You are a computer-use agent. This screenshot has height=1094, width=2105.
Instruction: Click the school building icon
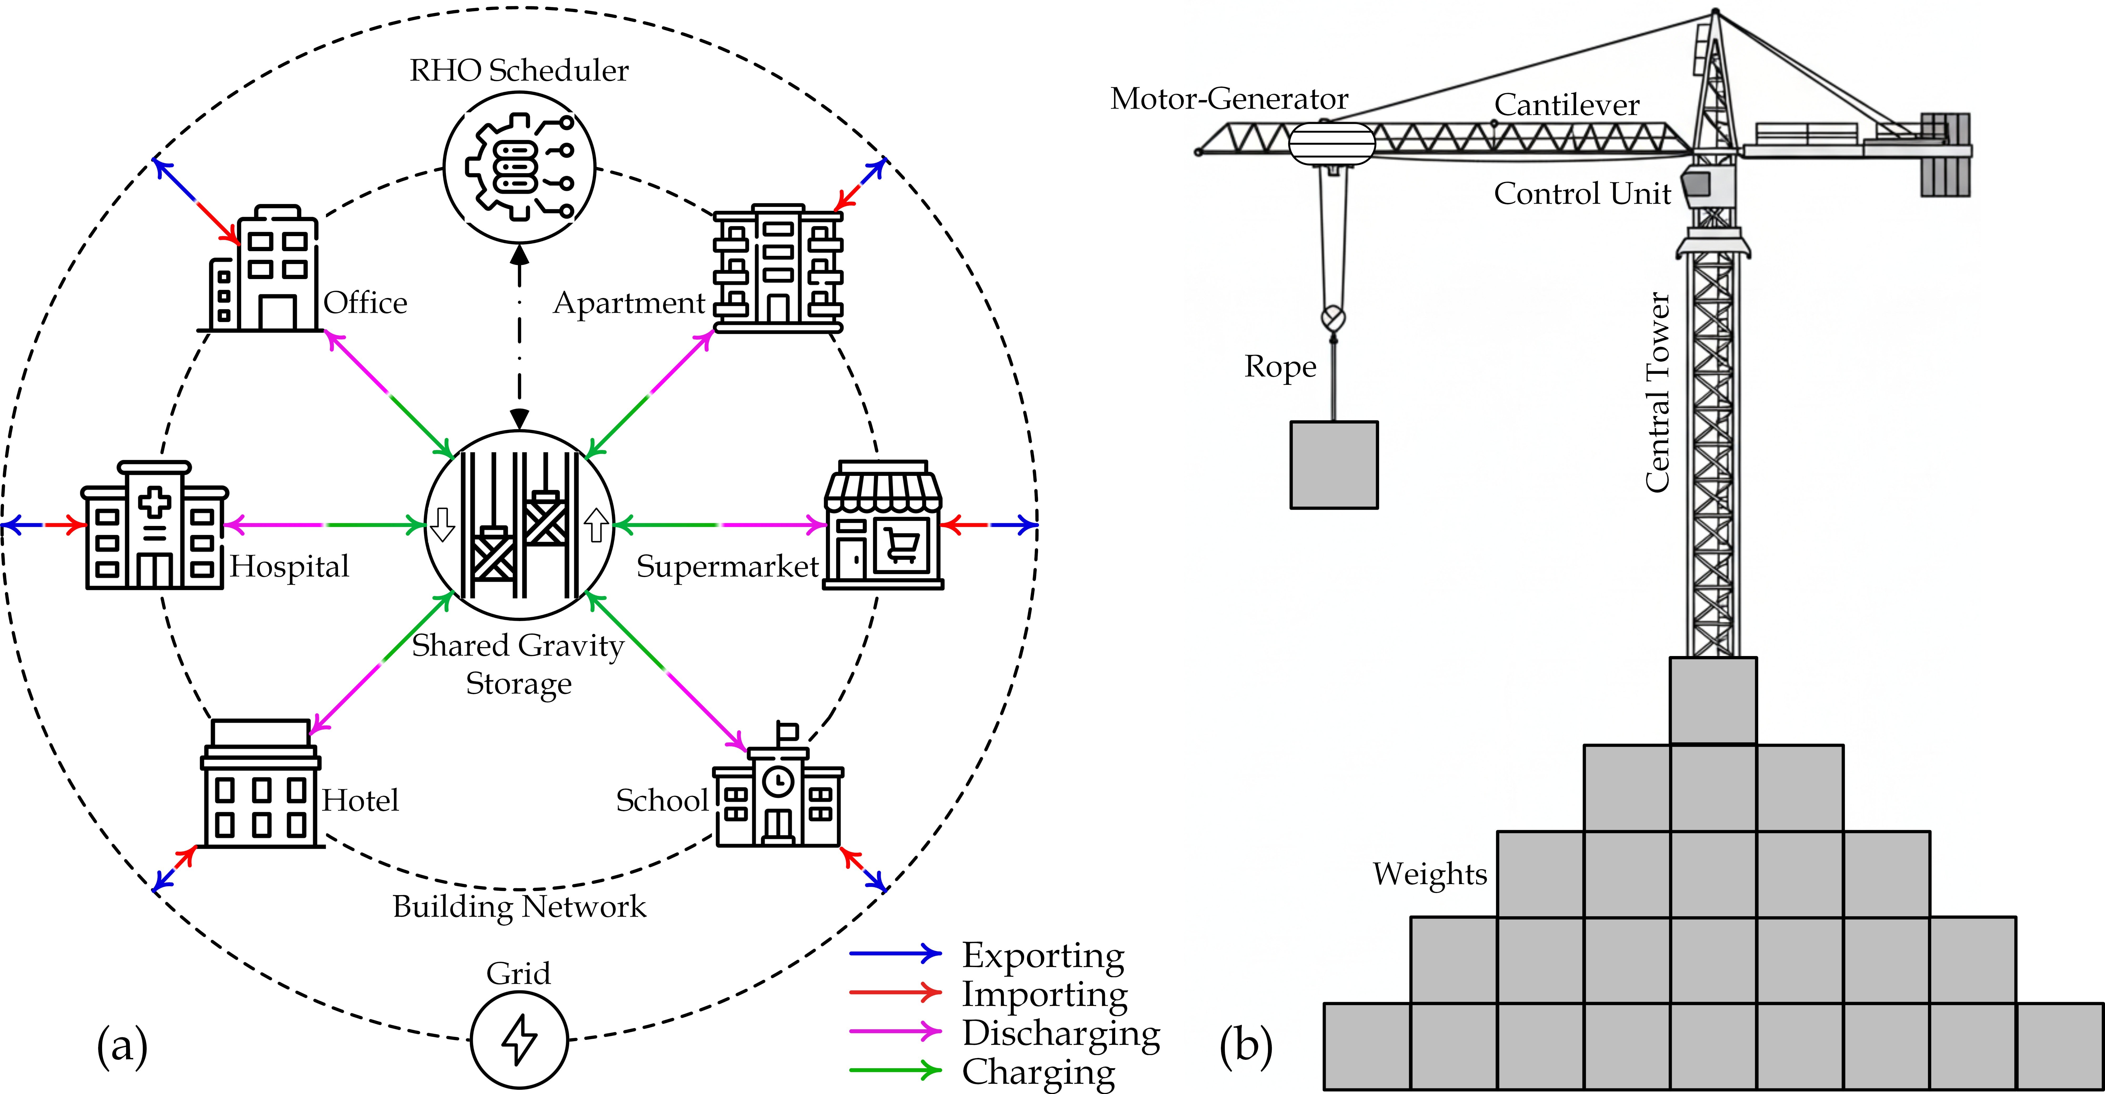[x=778, y=784]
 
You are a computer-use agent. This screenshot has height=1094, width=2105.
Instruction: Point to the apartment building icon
[x=778, y=268]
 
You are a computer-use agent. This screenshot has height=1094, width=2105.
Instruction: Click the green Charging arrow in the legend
[x=896, y=1070]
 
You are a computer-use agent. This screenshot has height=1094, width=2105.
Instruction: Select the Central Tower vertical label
[x=1657, y=392]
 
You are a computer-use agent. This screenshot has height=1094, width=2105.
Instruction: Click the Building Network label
[x=519, y=907]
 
